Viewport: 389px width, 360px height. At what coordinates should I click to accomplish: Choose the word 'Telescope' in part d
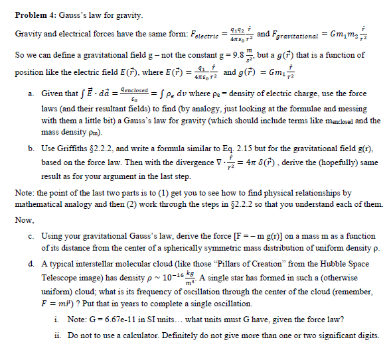click(60, 277)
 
